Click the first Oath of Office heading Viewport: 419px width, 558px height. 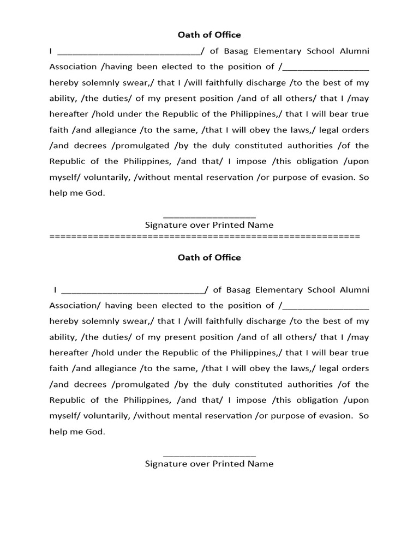coord(209,35)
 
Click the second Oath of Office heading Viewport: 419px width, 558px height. coord(209,258)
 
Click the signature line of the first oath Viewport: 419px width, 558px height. coord(209,217)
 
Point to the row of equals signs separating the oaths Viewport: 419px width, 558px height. coord(205,236)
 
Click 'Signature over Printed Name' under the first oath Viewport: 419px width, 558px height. coord(209,225)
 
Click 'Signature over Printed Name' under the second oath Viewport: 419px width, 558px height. coord(209,464)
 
